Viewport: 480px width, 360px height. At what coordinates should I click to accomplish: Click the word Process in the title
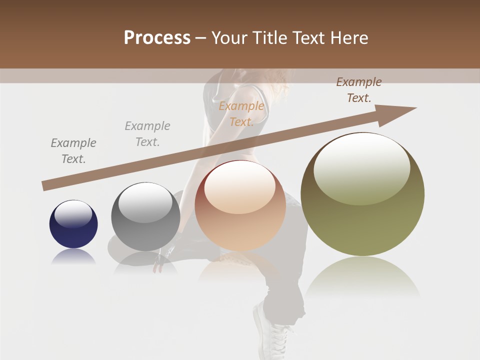pyautogui.click(x=157, y=37)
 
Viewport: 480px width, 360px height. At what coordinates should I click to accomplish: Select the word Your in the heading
pyautogui.click(x=228, y=37)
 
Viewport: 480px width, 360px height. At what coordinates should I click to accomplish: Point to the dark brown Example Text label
pyautogui.click(x=359, y=90)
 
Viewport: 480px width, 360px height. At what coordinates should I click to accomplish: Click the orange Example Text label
pyautogui.click(x=241, y=114)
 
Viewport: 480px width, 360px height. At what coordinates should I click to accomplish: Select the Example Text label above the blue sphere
pyautogui.click(x=73, y=151)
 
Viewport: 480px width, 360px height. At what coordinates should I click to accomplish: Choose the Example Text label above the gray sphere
pyautogui.click(x=147, y=134)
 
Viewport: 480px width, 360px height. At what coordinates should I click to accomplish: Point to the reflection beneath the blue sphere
pyautogui.click(x=73, y=257)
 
